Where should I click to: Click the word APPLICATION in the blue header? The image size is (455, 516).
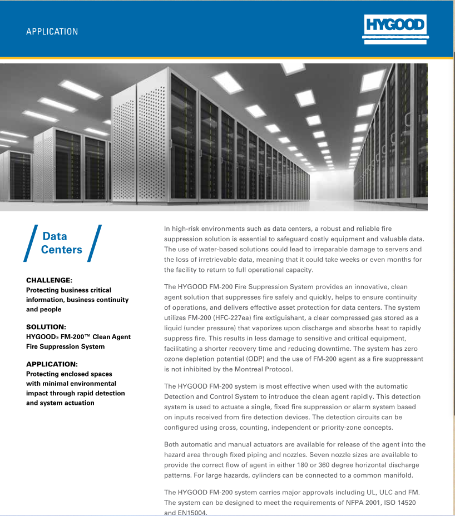pyautogui.click(x=52, y=32)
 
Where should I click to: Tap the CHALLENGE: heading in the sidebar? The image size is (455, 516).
pyautogui.click(x=49, y=280)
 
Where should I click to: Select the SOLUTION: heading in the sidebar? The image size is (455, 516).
pyautogui.click(x=46, y=327)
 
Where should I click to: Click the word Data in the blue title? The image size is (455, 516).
pyautogui.click(x=55, y=236)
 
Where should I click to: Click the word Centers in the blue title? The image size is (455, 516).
pyautogui.click(x=61, y=250)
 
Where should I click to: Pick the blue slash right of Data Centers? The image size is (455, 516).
pyautogui.click(x=95, y=243)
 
